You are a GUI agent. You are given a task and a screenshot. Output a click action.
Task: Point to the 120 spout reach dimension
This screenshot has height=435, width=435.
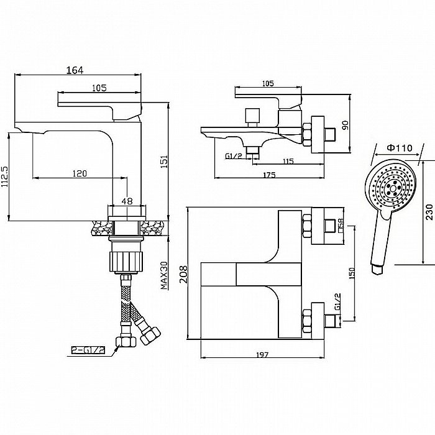79,173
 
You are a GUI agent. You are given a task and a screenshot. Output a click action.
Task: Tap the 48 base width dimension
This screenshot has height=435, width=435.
127,201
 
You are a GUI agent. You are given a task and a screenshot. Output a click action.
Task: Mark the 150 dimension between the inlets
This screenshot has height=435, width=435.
351,274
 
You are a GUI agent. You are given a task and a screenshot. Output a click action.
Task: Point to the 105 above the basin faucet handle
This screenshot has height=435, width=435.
100,88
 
